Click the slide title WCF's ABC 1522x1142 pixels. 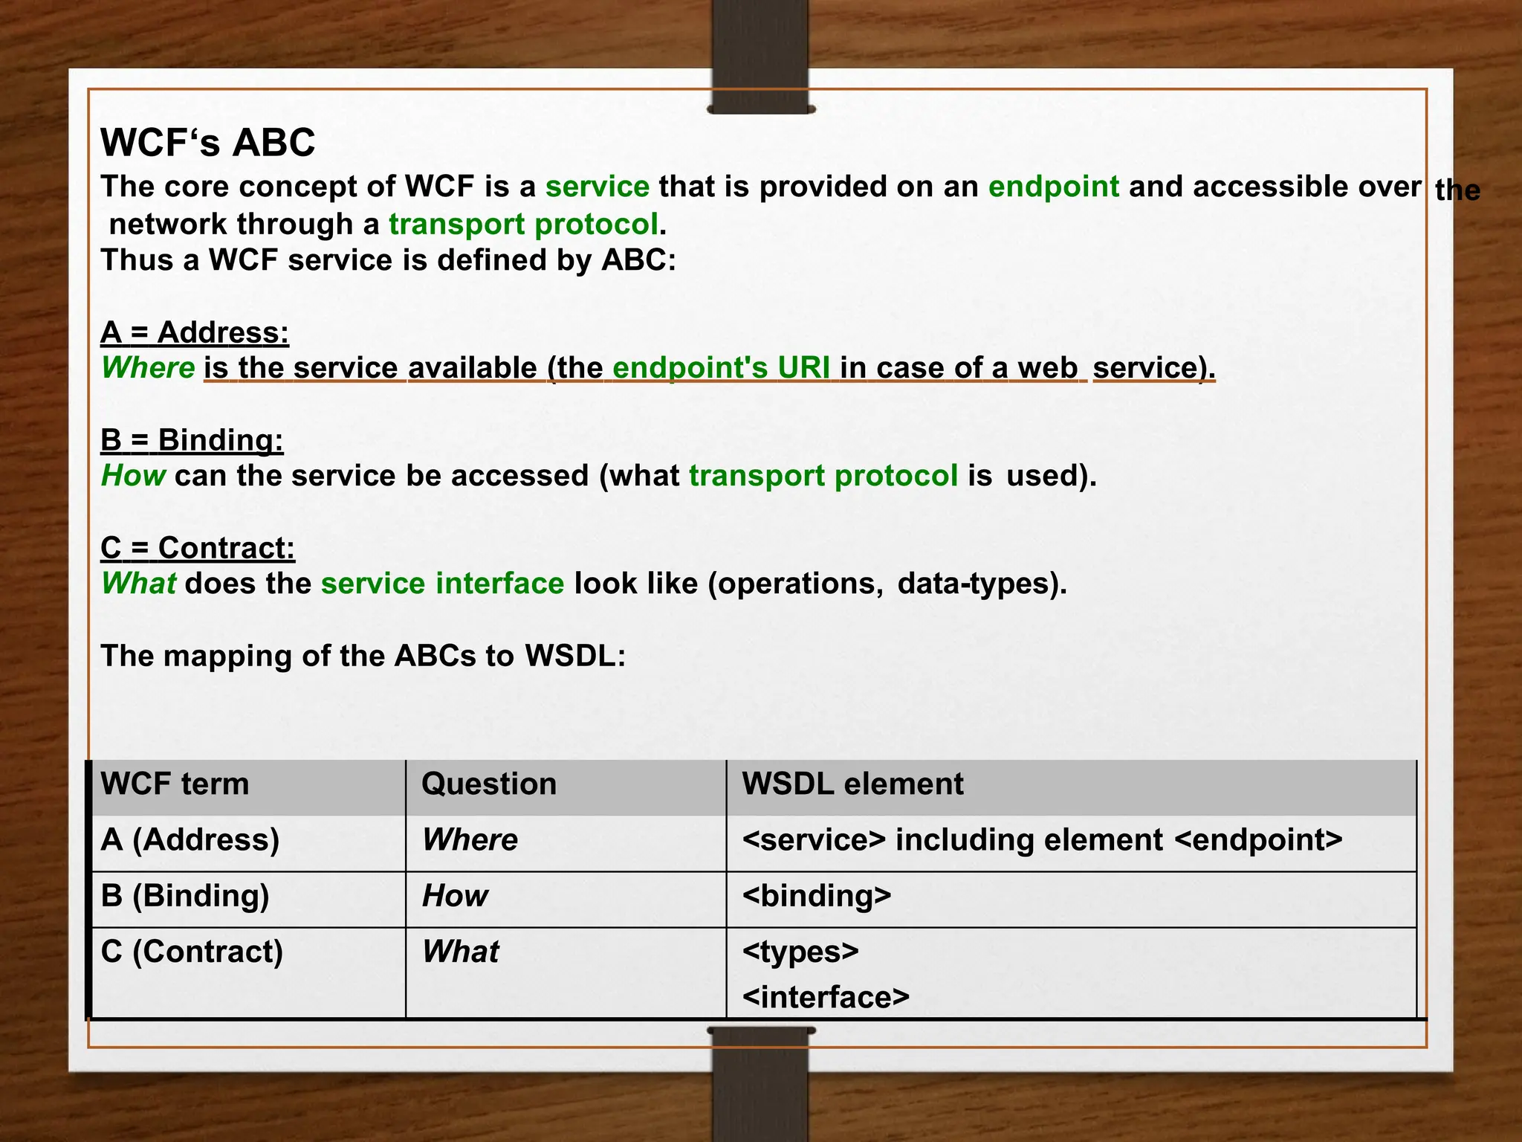click(207, 142)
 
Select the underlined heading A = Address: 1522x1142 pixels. click(195, 332)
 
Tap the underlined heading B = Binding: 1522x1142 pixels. click(192, 440)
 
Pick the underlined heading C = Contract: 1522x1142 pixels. click(198, 548)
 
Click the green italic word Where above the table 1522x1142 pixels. click(148, 368)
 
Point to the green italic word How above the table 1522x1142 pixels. click(133, 476)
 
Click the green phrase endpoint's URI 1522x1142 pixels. click(721, 368)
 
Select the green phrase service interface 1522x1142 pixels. click(442, 584)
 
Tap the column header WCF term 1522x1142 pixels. click(175, 784)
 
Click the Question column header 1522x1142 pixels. click(489, 784)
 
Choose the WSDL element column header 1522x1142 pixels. click(852, 784)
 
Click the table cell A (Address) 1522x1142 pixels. click(190, 840)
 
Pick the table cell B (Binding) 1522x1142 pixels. click(185, 896)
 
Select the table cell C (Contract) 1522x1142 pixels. click(192, 952)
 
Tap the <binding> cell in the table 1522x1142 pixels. click(816, 896)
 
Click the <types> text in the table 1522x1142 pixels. click(800, 952)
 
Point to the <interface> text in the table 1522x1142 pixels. click(826, 997)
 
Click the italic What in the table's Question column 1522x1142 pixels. click(460, 952)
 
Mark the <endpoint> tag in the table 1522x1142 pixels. click(1258, 840)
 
